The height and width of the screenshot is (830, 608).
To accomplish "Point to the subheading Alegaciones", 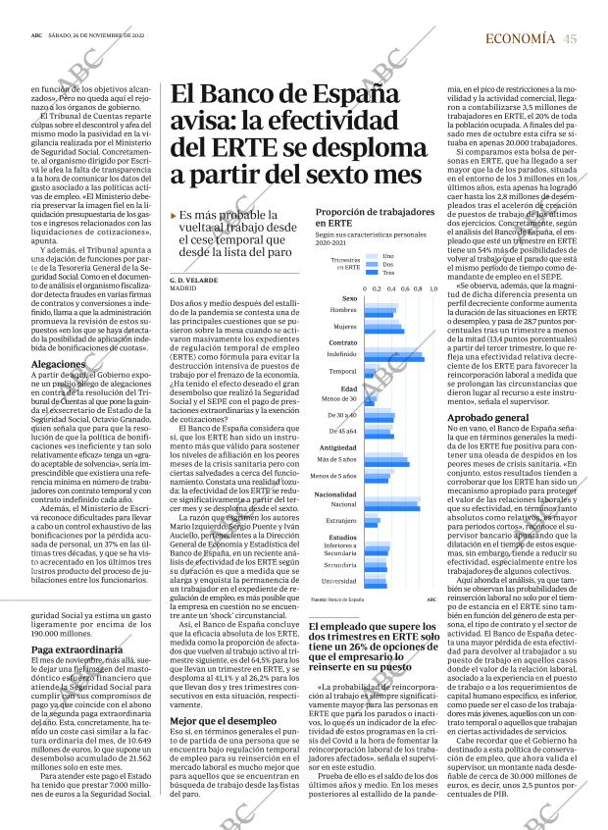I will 58,363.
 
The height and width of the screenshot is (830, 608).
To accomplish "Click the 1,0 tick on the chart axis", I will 432,288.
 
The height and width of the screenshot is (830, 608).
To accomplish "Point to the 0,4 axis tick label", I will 391,288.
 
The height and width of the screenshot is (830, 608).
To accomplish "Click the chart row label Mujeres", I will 344,326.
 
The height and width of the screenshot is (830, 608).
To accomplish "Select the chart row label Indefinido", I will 341,354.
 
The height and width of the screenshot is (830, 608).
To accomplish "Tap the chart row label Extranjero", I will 341,520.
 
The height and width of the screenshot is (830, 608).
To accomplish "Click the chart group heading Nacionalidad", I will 335,493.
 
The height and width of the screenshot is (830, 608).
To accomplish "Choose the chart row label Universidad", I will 339,581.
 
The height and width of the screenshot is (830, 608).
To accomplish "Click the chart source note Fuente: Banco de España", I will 337,598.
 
